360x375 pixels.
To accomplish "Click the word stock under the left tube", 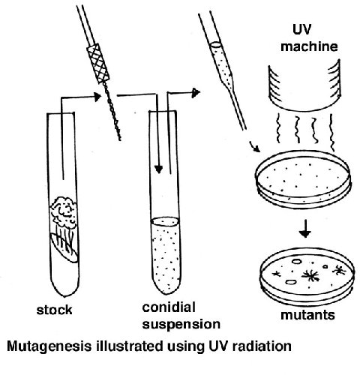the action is click(x=54, y=310).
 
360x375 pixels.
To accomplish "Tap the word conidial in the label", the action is click(x=169, y=307).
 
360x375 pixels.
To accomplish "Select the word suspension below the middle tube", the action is click(x=181, y=324).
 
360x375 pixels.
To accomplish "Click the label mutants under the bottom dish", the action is click(x=307, y=315).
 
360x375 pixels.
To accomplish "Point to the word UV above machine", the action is click(x=301, y=29).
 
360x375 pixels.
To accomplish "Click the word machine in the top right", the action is click(x=309, y=46).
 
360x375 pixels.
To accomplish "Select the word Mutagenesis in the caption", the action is click(x=49, y=347).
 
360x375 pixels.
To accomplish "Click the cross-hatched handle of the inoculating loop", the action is click(x=98, y=64).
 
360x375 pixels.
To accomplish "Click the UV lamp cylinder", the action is click(x=304, y=86).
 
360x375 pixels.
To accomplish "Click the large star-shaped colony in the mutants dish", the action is click(x=310, y=275).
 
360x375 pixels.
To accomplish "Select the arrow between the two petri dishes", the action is click(x=305, y=229).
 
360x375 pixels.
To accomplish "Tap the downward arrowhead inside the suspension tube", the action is click(x=158, y=169).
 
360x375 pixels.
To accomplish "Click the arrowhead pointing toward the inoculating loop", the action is click(x=97, y=97).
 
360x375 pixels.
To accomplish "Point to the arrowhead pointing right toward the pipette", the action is click(x=196, y=93).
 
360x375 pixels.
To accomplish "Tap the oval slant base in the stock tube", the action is click(x=64, y=247).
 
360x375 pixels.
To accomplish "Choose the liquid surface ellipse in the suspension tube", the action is click(x=165, y=221).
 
